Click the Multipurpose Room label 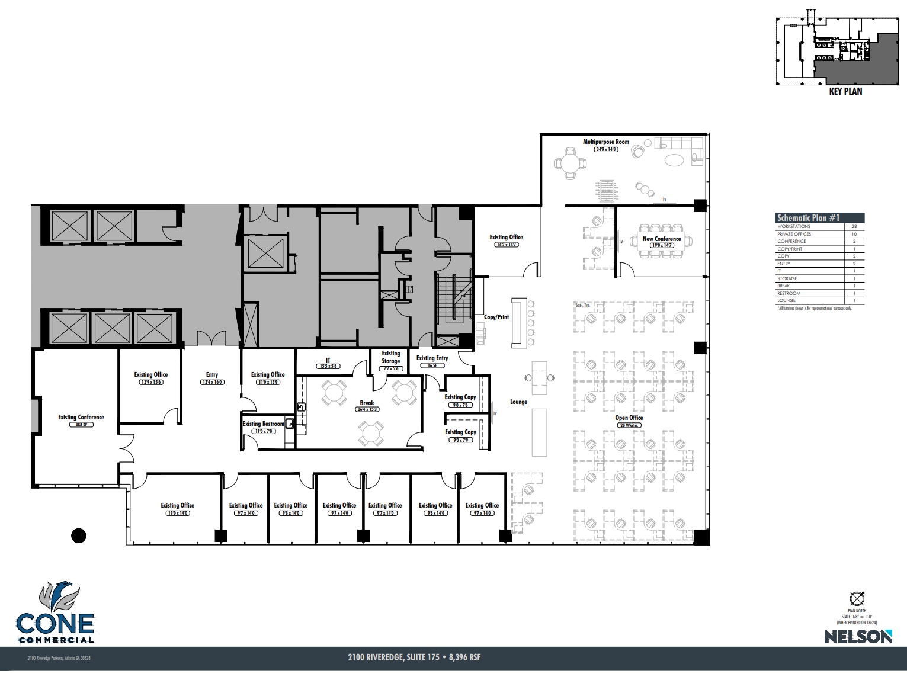[x=605, y=142]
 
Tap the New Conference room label [x=662, y=239]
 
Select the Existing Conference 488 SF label [x=81, y=418]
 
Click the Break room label [x=367, y=403]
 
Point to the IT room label [x=328, y=360]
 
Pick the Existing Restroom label [x=263, y=424]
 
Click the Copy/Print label [x=496, y=317]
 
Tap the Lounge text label [x=518, y=402]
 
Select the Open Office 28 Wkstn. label [x=629, y=418]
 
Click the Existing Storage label [x=390, y=357]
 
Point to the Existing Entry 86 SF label [x=432, y=358]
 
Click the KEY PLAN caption [x=845, y=92]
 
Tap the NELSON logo [x=858, y=636]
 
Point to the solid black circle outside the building [x=79, y=536]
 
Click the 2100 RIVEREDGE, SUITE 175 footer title [x=418, y=657]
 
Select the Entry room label [x=212, y=375]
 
